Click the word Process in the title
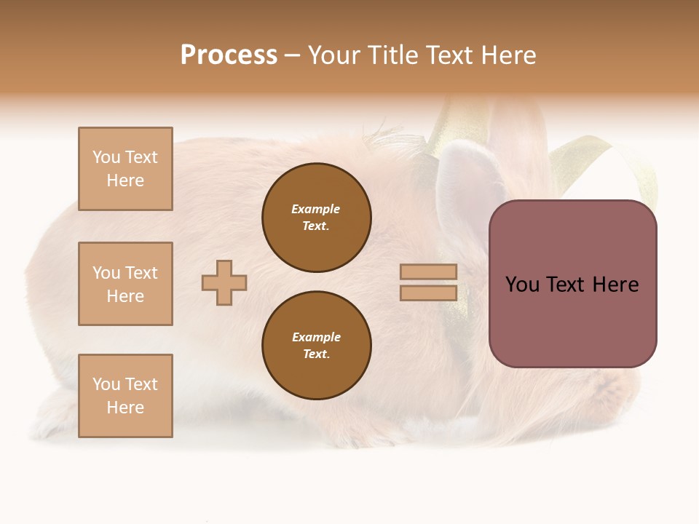[229, 55]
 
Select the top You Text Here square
[125, 169]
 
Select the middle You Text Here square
[125, 284]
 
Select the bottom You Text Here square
[125, 396]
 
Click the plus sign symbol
[224, 282]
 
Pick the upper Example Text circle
[317, 218]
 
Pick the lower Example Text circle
[317, 346]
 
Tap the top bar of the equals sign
[428, 271]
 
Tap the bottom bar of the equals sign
[428, 293]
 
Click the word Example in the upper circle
[316, 210]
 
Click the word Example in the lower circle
[316, 338]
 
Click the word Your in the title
[331, 55]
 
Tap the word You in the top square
[106, 157]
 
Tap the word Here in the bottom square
[125, 408]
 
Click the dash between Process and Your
[292, 55]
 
